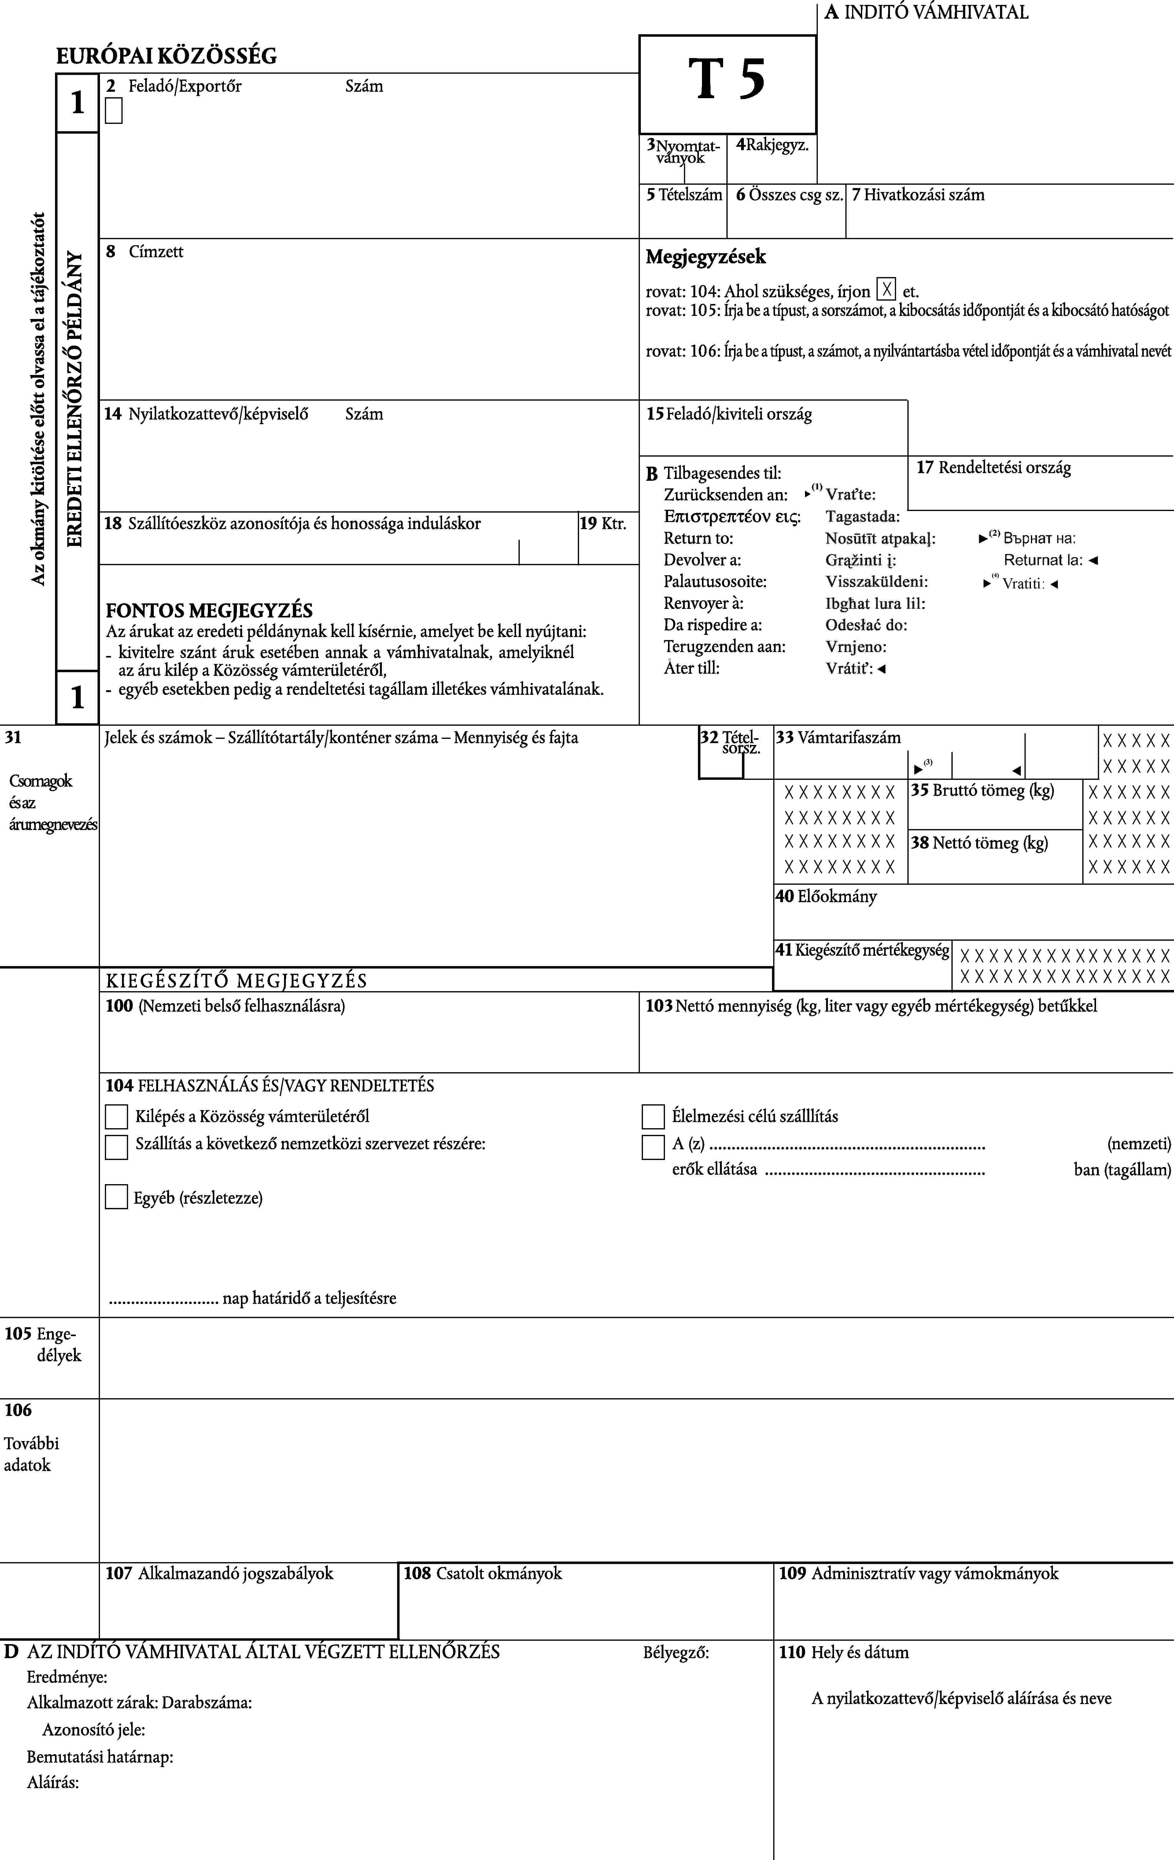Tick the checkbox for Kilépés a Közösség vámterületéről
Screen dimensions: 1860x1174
[x=116, y=1117]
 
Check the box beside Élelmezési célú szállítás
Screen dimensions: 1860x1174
[x=653, y=1117]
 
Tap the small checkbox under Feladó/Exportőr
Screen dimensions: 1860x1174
[x=114, y=113]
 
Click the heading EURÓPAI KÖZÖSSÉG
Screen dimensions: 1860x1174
[x=166, y=56]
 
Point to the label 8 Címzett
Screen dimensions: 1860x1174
[x=145, y=252]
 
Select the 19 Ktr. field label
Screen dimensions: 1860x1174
[x=603, y=524]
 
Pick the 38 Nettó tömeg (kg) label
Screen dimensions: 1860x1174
[x=979, y=843]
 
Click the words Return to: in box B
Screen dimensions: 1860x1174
[x=698, y=538]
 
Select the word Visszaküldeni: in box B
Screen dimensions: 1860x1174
[x=877, y=582]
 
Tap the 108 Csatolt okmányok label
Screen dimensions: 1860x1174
[x=483, y=1573]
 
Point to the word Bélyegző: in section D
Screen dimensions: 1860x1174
[x=676, y=1652]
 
